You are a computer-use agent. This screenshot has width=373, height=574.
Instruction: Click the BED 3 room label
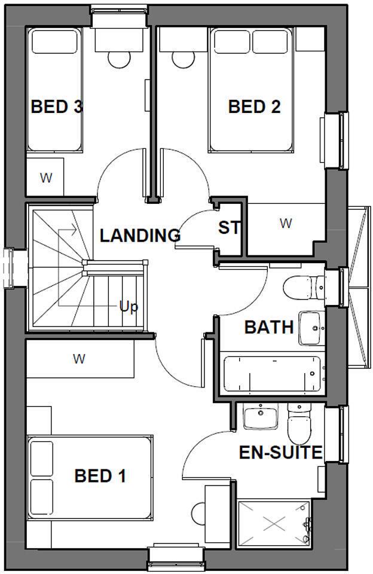[x=57, y=107]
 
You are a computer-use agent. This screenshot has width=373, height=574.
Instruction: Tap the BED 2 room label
[x=255, y=107]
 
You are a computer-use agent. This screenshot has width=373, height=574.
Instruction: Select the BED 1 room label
[x=100, y=477]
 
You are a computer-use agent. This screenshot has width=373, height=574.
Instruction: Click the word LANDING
[x=140, y=236]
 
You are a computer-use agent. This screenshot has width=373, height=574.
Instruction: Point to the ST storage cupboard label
[x=229, y=228]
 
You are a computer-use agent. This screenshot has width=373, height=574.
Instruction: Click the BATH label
[x=269, y=328]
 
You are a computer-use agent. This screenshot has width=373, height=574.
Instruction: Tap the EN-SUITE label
[x=281, y=453]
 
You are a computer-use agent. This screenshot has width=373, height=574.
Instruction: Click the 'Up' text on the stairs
[x=129, y=307]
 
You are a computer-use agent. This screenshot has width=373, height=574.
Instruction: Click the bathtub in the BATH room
[x=272, y=374]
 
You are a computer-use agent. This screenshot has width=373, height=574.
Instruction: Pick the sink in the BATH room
[x=311, y=328]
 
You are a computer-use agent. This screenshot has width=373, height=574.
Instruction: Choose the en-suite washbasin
[x=261, y=416]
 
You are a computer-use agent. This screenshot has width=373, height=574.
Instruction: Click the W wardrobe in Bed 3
[x=45, y=178]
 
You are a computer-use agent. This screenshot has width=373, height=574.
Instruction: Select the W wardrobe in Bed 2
[x=286, y=223]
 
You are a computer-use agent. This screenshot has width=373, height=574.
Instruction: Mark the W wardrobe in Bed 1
[x=79, y=359]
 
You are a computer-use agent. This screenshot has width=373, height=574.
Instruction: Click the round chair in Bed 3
[x=118, y=58]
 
